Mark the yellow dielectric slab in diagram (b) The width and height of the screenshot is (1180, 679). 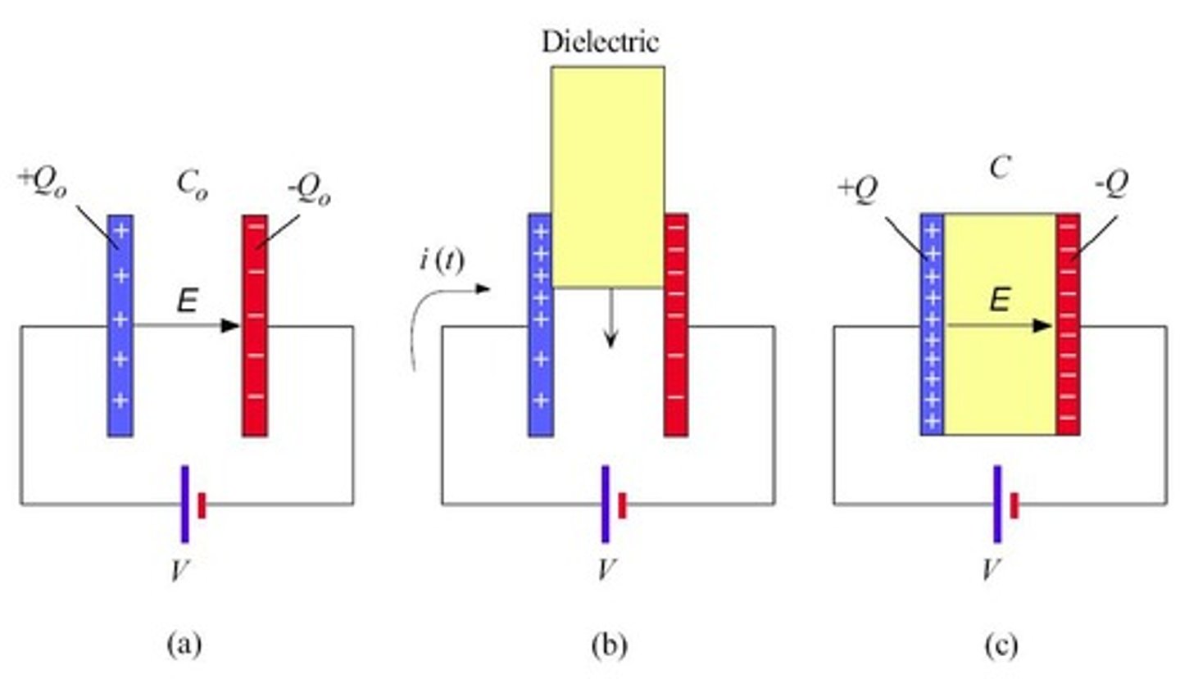607,176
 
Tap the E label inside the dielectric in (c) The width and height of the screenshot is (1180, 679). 999,302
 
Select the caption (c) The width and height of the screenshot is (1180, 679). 1001,645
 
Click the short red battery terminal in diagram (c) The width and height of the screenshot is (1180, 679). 1014,505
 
